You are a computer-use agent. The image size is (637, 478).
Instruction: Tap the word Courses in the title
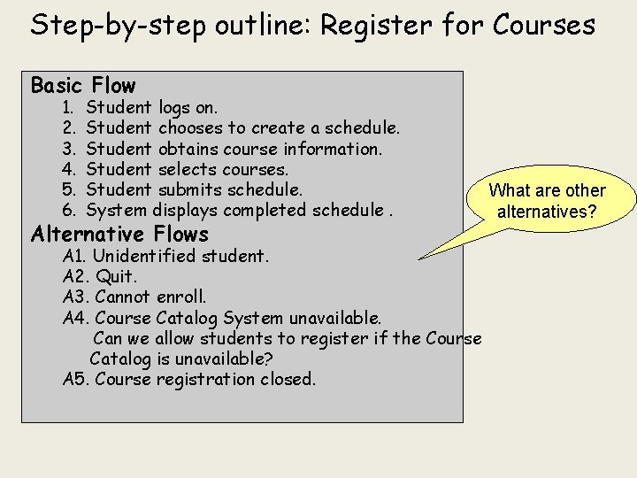[544, 25]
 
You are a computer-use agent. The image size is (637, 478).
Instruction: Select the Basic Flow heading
[83, 86]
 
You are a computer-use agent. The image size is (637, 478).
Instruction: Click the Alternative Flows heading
[119, 235]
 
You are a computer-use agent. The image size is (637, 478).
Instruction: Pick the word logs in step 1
[175, 109]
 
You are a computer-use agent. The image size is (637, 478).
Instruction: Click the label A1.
[75, 257]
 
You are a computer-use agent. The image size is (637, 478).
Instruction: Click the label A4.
[76, 318]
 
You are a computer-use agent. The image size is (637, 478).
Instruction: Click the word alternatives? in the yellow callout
[547, 212]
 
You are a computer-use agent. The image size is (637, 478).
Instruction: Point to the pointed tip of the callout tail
[418, 258]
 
